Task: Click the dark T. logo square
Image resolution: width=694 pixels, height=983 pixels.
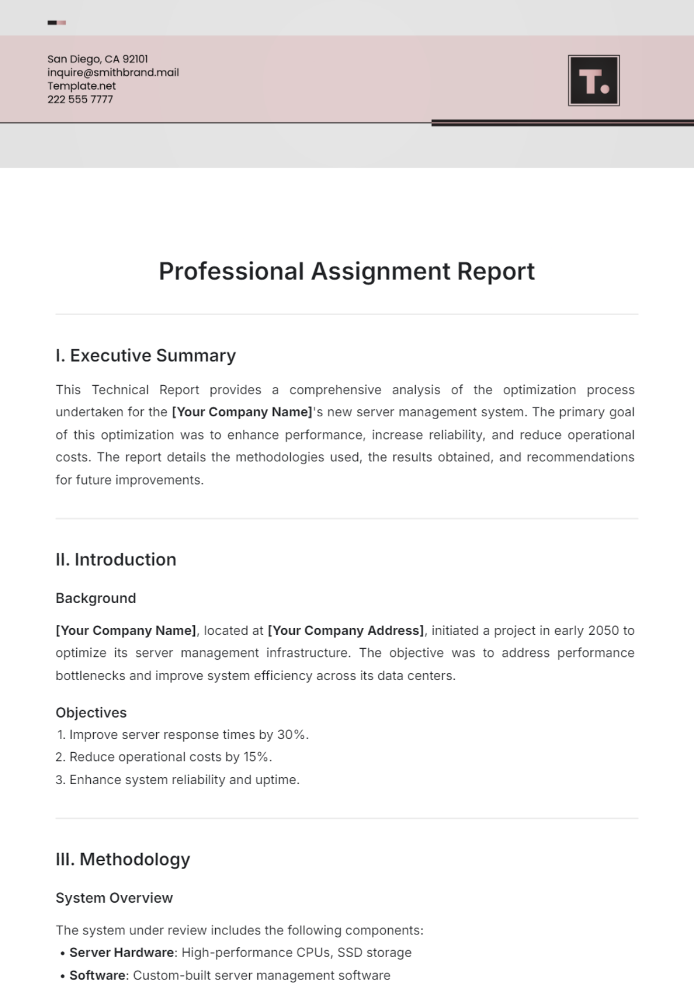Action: point(594,80)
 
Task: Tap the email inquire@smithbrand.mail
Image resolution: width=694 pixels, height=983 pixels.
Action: point(113,72)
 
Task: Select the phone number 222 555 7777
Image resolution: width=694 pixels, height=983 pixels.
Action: point(80,99)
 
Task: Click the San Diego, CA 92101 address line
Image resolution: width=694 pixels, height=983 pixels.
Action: point(97,59)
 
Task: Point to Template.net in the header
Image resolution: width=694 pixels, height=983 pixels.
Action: point(81,86)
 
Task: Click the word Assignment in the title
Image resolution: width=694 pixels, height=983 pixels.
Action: point(381,271)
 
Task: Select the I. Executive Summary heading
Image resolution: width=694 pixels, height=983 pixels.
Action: point(146,355)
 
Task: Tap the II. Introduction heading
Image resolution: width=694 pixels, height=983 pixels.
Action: point(116,559)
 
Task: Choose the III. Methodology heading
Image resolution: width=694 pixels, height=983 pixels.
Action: point(123,859)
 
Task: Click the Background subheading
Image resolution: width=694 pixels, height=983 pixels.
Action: point(95,598)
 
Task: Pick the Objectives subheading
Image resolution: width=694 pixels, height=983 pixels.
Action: point(91,712)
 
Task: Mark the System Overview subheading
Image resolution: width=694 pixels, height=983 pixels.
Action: point(114,897)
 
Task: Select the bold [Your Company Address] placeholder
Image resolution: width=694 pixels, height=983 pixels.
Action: point(346,630)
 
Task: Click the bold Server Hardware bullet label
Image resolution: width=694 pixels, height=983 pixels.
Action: point(121,952)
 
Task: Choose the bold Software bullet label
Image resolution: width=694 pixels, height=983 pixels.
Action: point(97,975)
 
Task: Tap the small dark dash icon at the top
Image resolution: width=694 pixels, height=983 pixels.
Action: point(53,23)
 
